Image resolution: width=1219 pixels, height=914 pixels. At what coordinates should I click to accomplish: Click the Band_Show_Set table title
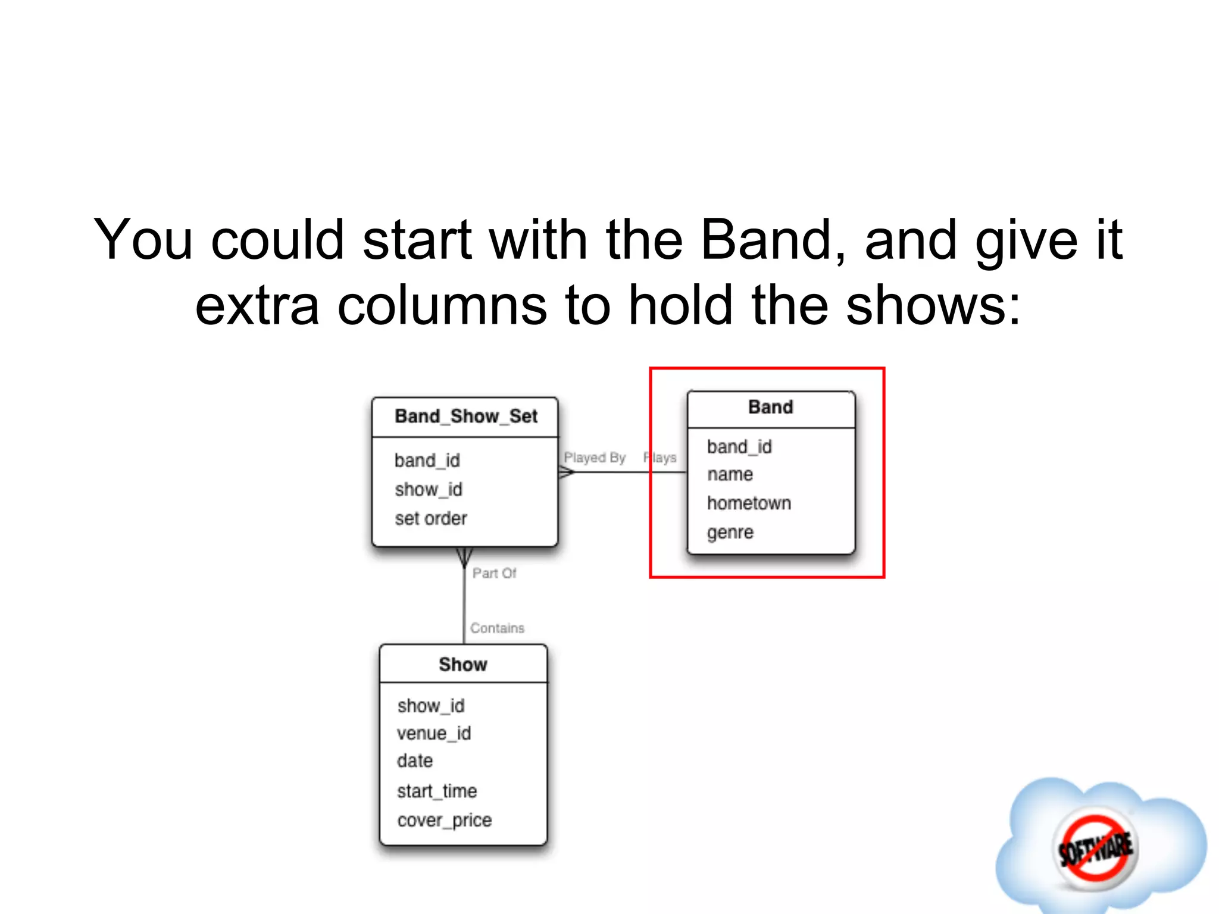click(465, 417)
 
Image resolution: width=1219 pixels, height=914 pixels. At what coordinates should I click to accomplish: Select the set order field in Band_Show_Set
click(431, 518)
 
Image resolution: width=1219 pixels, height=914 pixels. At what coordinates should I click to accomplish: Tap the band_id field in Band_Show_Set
click(427, 461)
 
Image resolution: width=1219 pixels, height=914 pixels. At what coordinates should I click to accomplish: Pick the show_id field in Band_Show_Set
click(428, 490)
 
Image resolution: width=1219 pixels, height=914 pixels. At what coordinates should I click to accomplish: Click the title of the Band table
click(770, 408)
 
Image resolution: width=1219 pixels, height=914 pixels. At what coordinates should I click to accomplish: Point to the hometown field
click(749, 503)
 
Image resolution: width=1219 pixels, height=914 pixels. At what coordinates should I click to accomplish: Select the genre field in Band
click(730, 532)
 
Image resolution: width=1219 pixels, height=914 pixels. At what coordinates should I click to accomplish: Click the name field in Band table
click(730, 475)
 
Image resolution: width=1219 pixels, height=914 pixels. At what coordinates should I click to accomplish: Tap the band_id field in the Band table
click(739, 447)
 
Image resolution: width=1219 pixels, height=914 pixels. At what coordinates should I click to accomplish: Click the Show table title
click(463, 665)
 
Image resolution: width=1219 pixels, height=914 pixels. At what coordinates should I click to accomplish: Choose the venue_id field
click(434, 733)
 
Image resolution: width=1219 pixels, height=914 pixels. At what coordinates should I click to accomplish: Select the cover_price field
click(445, 821)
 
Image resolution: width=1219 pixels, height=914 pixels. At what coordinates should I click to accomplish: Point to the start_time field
click(437, 791)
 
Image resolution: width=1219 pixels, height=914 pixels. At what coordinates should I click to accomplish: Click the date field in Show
click(415, 761)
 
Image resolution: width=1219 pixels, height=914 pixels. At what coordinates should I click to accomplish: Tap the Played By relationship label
click(595, 458)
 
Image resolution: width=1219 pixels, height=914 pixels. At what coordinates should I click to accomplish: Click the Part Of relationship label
click(494, 573)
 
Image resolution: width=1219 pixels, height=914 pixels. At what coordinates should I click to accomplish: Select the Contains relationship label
click(497, 628)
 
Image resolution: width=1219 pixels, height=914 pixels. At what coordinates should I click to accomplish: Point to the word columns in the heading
click(442, 305)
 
